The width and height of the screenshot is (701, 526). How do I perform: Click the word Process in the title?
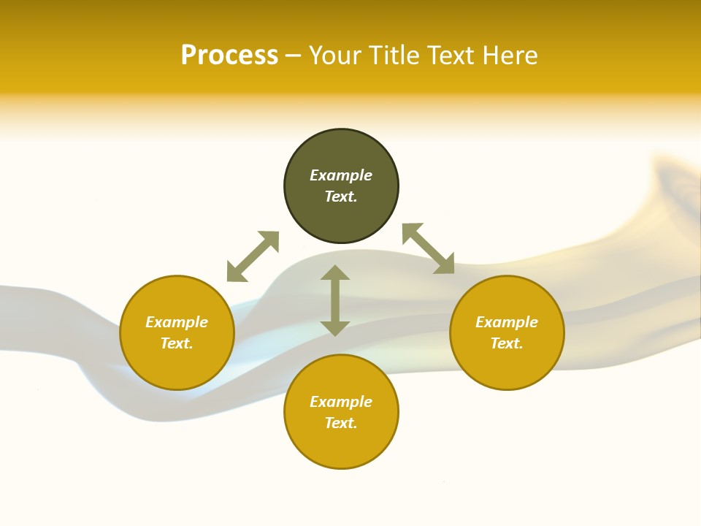229,56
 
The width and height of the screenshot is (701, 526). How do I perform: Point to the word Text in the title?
453,56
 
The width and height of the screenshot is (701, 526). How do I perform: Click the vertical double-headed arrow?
335,300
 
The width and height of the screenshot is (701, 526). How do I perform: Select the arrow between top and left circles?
253,256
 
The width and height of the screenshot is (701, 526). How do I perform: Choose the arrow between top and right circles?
429,248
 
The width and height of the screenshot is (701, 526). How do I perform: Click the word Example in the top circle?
341,175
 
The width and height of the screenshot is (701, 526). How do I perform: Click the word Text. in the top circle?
341,197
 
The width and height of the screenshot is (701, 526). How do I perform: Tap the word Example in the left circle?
177,322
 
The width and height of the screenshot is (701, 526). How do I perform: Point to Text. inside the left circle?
177,343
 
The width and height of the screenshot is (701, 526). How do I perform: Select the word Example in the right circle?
507,322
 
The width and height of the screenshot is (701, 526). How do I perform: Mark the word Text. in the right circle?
507,343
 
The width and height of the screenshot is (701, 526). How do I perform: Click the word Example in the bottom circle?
341,402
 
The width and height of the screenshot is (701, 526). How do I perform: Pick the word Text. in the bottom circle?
341,423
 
